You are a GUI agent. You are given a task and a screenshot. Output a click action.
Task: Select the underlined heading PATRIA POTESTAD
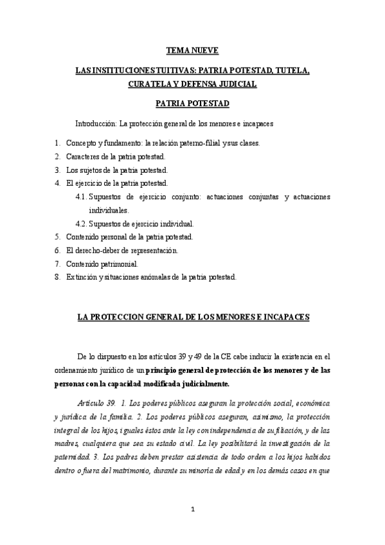pyautogui.click(x=192, y=103)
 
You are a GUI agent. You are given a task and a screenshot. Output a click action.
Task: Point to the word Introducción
pyautogui.click(x=94, y=123)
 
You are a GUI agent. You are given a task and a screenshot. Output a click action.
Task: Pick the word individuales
pyautogui.click(x=109, y=210)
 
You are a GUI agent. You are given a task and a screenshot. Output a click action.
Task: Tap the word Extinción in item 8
pyautogui.click(x=80, y=277)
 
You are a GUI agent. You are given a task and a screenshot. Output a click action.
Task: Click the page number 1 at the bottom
pyautogui.click(x=193, y=510)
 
